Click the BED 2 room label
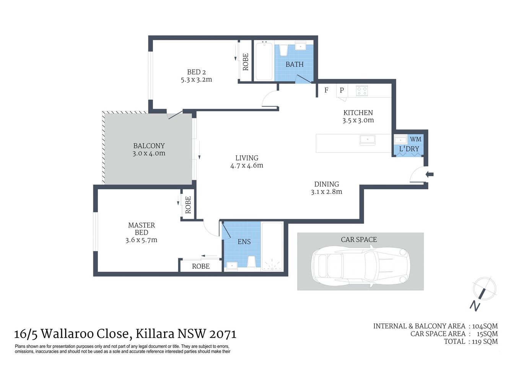coord(196,72)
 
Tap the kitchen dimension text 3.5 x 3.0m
coord(358,120)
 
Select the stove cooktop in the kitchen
coord(362,91)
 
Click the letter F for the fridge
coord(326,91)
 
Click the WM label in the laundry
coord(415,139)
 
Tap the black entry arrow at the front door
coord(430,175)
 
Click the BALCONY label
coord(149,146)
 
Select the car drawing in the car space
coord(358,266)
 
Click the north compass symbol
coord(483,291)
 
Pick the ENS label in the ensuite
coord(244,242)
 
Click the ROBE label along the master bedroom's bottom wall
coord(201,266)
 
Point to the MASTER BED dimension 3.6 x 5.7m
coord(141,240)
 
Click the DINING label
coord(327,184)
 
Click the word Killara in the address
coord(155,334)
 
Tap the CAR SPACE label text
coord(359,240)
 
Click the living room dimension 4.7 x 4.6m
coord(247,166)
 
